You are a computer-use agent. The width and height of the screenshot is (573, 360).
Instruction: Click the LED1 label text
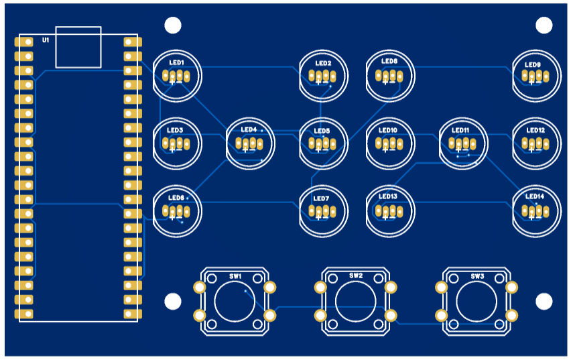coord(176,63)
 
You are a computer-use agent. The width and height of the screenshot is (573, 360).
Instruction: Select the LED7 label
coord(322,199)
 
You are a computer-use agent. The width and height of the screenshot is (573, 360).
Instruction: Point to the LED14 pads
coord(535,212)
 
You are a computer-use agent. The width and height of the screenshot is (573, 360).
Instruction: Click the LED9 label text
coord(533,65)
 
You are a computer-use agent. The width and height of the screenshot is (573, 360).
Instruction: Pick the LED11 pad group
coord(461,143)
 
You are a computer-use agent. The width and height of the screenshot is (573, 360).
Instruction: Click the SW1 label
coord(235,276)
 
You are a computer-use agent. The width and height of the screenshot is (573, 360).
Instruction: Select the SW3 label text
coord(476,276)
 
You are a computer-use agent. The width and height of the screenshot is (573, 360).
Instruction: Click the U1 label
coord(46,41)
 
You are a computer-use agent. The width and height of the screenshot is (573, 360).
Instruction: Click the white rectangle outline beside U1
coord(78,47)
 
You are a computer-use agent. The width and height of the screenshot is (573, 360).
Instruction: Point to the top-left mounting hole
coord(173,25)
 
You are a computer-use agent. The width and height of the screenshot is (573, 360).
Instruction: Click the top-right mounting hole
coord(544,25)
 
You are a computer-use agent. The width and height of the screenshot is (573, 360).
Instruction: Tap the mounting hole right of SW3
coord(544,301)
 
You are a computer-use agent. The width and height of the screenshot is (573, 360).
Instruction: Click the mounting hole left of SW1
coord(173,301)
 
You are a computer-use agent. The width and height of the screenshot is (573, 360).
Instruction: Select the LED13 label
coord(388,196)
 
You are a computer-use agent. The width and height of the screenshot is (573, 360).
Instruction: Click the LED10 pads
coord(388,143)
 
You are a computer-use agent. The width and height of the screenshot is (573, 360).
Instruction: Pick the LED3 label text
coord(175,130)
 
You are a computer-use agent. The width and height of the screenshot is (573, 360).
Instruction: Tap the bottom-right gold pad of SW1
coord(270,315)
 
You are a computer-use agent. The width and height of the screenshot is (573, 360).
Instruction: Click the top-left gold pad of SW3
coord(441,288)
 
